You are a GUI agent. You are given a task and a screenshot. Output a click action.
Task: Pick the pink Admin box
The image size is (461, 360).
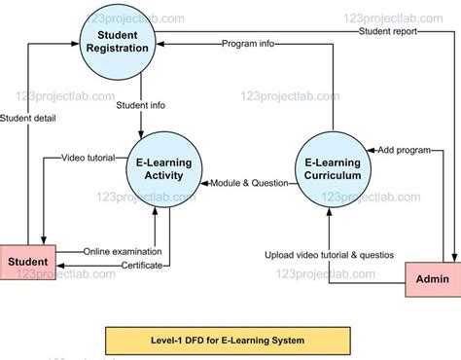[x=432, y=279]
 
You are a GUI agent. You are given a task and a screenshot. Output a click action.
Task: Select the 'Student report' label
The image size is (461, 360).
[x=388, y=31]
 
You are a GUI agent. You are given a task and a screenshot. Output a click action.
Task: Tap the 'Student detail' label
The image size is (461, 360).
[x=28, y=119]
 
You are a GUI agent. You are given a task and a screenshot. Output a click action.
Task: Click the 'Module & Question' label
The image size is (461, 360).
[x=250, y=182]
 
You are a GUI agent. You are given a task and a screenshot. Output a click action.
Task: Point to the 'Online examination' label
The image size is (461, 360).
[x=122, y=251]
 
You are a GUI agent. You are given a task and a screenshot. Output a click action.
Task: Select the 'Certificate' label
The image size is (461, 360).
[x=122, y=264]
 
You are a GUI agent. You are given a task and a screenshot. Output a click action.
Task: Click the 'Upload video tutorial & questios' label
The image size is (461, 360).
[x=330, y=255]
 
